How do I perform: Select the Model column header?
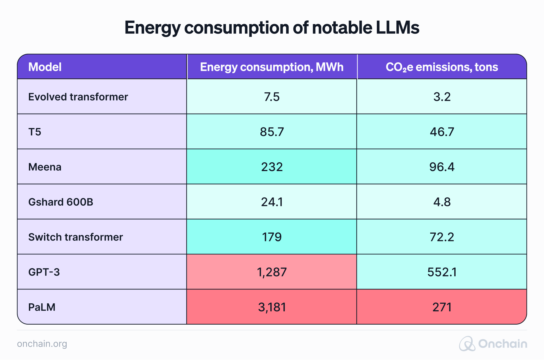(45, 67)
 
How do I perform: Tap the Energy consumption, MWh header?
(271, 67)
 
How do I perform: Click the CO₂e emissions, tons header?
(441, 67)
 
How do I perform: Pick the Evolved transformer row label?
(78, 97)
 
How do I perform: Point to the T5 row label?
(35, 132)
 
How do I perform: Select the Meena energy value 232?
(272, 167)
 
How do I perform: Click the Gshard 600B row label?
(61, 202)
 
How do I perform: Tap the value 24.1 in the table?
(272, 202)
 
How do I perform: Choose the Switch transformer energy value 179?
(272, 237)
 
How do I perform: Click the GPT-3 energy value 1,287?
(272, 272)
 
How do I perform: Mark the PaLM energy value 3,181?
(272, 307)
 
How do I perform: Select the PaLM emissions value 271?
(442, 307)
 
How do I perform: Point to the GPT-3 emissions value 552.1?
(442, 272)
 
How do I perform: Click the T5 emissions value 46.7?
(442, 132)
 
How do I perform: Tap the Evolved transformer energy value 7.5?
(272, 97)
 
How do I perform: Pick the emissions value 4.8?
(442, 202)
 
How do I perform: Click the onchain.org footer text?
(42, 344)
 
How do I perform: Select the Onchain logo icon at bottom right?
(467, 344)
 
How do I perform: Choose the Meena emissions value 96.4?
(442, 167)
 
